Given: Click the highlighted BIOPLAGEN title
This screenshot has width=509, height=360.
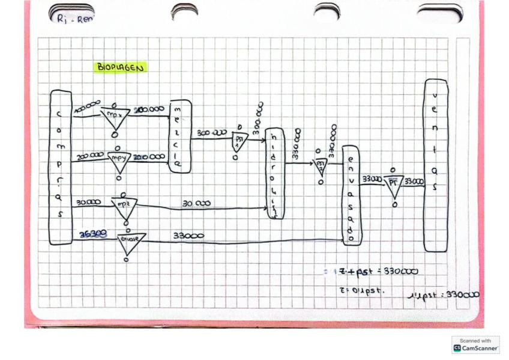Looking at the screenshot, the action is click(x=120, y=68).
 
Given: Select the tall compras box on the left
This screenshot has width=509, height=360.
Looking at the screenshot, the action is click(x=61, y=167).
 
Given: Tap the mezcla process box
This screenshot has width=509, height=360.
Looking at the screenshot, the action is click(x=180, y=136).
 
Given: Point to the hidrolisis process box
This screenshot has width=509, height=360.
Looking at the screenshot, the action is click(x=274, y=173).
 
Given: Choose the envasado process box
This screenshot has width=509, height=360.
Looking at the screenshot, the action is click(x=352, y=195).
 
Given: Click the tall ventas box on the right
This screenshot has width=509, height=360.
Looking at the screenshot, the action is click(x=436, y=165).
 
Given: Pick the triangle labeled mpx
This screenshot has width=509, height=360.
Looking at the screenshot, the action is click(x=115, y=117).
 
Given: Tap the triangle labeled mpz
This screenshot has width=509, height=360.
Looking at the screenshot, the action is click(x=125, y=207).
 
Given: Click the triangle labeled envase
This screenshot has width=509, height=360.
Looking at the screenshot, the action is click(x=130, y=241).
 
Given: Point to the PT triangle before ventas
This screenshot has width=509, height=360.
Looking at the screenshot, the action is click(x=393, y=185).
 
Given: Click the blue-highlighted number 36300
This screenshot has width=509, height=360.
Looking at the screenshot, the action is click(x=93, y=235).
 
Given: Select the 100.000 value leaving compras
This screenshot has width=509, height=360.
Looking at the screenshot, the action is click(x=87, y=106).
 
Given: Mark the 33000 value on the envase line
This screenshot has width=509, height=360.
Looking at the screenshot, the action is click(x=188, y=236).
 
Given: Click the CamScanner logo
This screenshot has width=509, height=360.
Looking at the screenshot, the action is click(x=475, y=344).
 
